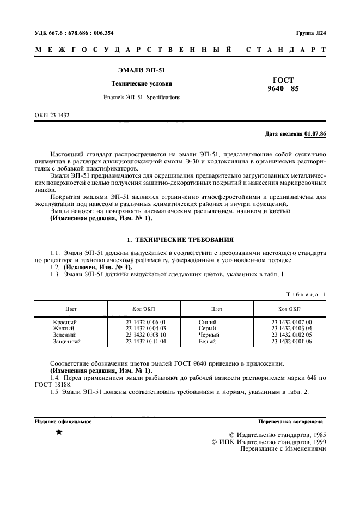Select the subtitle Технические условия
coord(141,84)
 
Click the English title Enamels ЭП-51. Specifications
coord(141,98)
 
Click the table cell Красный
coord(65,323)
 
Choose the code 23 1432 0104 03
coord(145,329)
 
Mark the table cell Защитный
coord(66,342)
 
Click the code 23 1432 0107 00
coord(291,323)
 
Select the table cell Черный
coord(209,335)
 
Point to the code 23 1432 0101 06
coord(291,342)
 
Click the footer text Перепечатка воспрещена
coord(291,421)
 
